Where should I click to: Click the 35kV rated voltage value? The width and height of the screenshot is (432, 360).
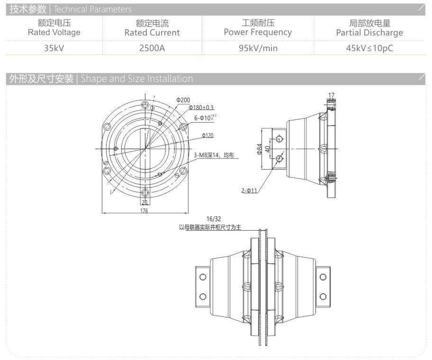pos(54,48)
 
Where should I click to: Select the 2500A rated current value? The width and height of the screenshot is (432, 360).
pos(152,48)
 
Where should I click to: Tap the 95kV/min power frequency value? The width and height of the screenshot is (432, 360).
pos(258,48)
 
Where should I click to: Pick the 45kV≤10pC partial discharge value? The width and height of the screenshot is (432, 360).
pos(369,48)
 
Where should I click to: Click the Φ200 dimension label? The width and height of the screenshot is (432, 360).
pos(183,100)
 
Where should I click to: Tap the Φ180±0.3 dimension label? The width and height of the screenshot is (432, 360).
pos(201,108)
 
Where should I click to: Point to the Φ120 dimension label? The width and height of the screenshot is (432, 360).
pos(207,135)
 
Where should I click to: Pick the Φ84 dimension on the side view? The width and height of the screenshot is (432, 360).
pos(260,149)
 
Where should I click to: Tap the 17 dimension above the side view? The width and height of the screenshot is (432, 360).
pos(331,95)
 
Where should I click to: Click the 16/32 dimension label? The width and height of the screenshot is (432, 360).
pos(214,219)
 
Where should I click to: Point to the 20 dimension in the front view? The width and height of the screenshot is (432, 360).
pos(144,202)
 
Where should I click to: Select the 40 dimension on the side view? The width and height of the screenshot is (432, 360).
pos(268,148)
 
